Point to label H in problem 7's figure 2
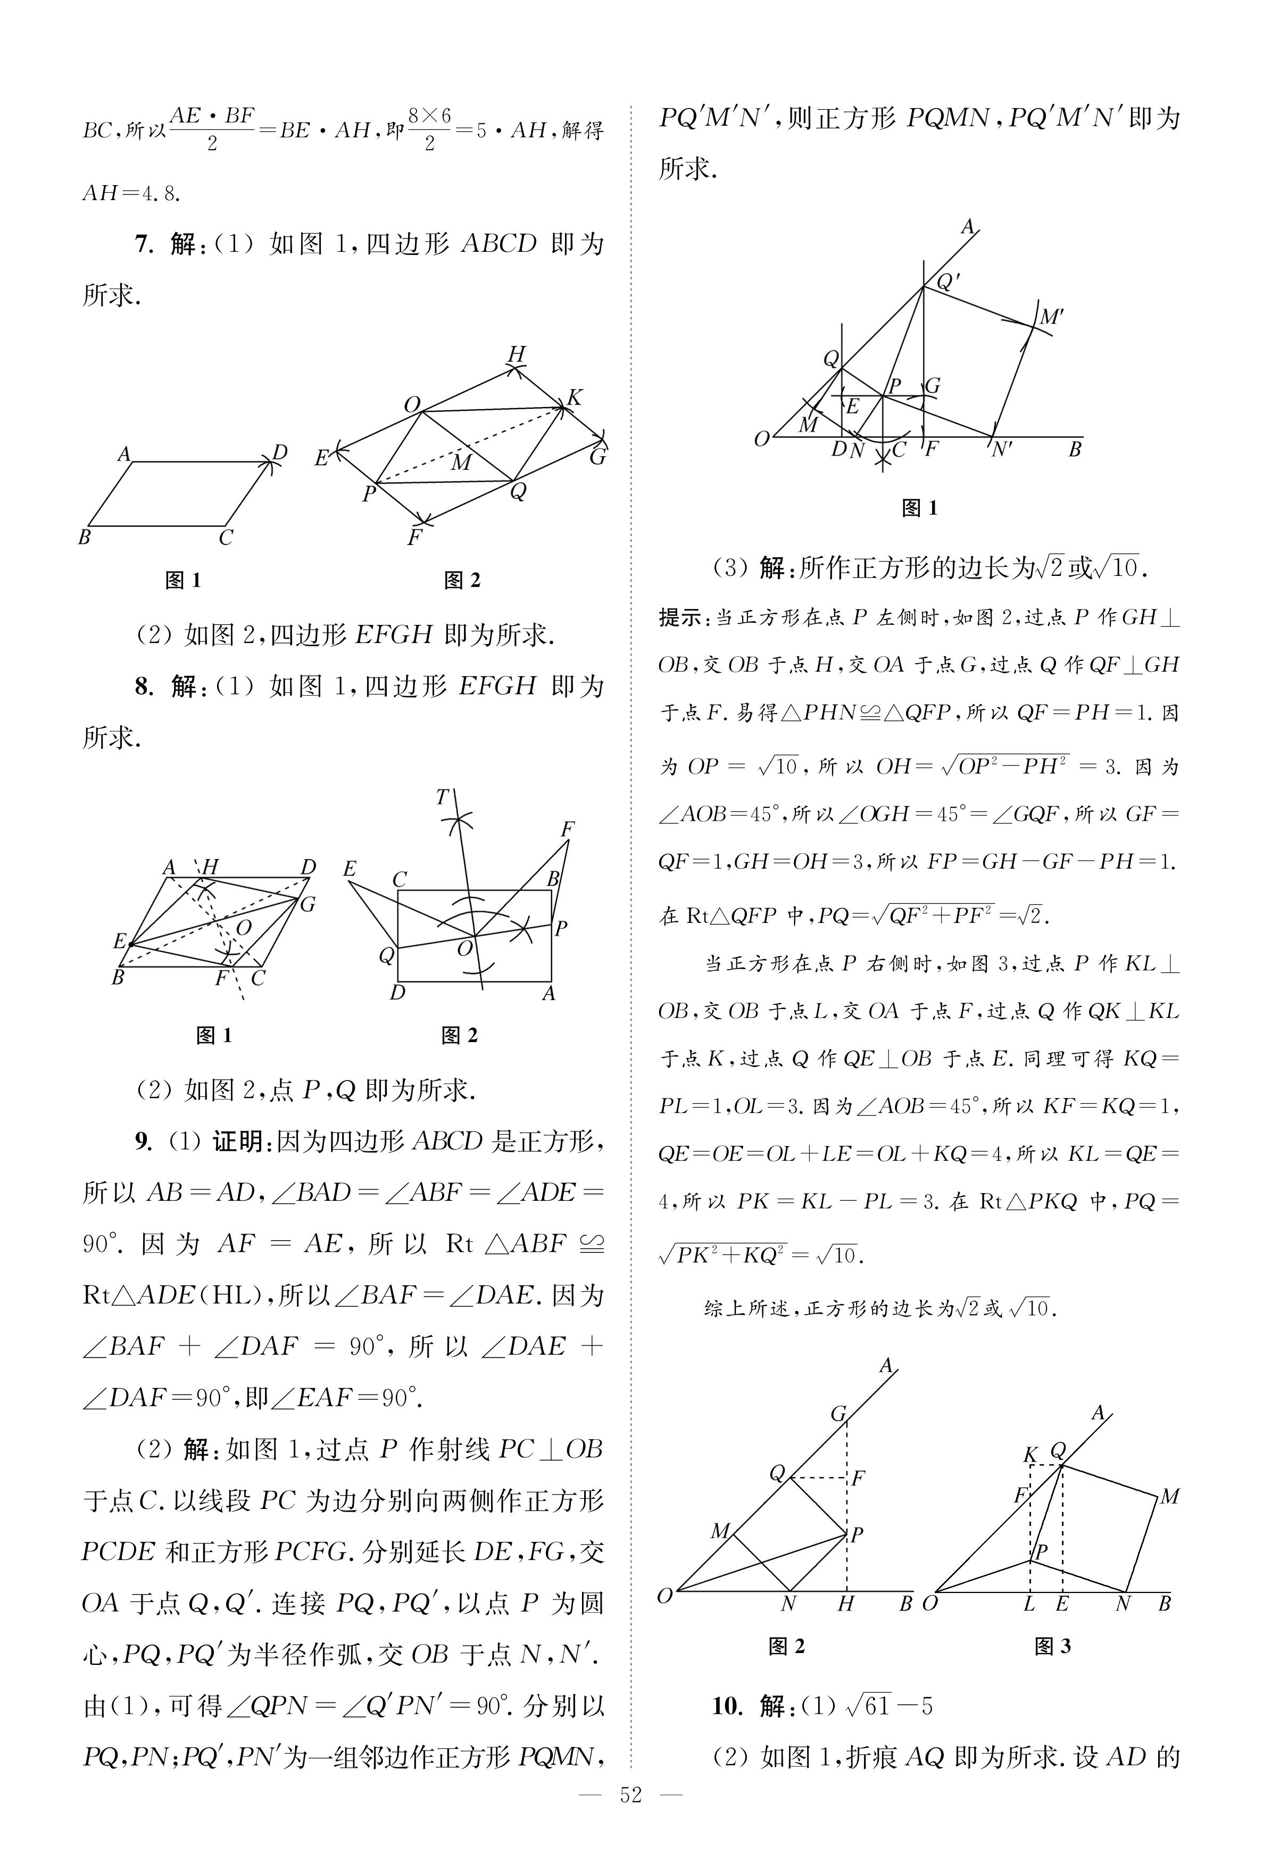(516, 354)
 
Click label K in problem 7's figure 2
(575, 397)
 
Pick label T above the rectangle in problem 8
(442, 797)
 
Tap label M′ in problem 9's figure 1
(1051, 317)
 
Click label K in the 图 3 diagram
(1029, 1454)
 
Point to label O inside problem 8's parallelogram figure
(244, 928)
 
